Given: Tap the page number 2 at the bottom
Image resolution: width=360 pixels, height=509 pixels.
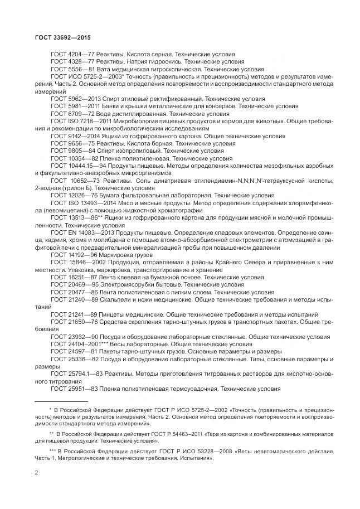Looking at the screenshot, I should [36, 473].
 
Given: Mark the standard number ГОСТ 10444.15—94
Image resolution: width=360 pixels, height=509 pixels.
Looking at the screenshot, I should [76, 166].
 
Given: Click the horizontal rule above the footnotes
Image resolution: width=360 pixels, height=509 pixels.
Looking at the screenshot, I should [61, 401].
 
